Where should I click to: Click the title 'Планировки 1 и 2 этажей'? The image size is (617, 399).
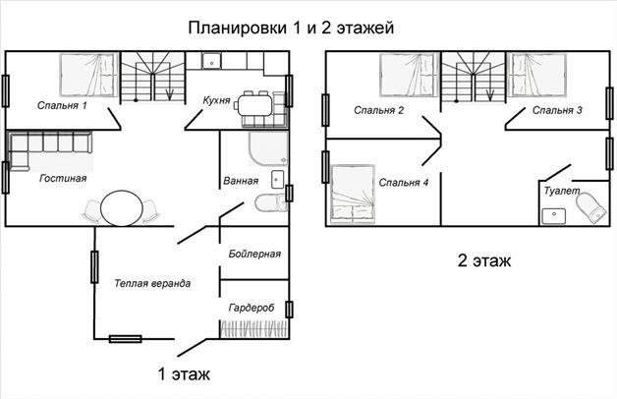click(x=291, y=28)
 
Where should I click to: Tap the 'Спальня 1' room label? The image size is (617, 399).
click(x=62, y=105)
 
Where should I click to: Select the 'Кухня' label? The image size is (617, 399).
click(x=216, y=100)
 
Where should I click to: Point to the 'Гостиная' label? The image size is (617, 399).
click(x=63, y=178)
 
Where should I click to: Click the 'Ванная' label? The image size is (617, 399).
click(x=241, y=181)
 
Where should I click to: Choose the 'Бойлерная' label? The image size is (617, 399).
click(x=254, y=254)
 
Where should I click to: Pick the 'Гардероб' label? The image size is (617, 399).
click(x=252, y=308)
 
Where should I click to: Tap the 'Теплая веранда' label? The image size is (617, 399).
click(x=152, y=283)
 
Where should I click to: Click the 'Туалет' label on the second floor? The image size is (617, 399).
click(x=562, y=191)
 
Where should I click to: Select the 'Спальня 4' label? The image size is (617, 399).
click(x=404, y=183)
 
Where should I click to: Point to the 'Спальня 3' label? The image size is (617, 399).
click(x=557, y=110)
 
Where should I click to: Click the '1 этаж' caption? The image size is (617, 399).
click(x=184, y=373)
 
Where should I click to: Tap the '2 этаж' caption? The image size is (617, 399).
click(x=484, y=260)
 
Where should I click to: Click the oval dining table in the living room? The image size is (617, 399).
click(x=122, y=208)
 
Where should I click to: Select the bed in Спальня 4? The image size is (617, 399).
click(x=353, y=194)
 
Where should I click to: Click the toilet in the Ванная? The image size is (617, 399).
click(x=270, y=203)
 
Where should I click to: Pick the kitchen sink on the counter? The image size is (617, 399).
click(x=211, y=61)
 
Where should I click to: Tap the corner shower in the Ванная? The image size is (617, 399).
click(x=268, y=148)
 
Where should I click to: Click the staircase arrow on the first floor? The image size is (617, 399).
click(x=170, y=92)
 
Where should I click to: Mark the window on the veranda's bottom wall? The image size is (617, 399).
click(x=125, y=339)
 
